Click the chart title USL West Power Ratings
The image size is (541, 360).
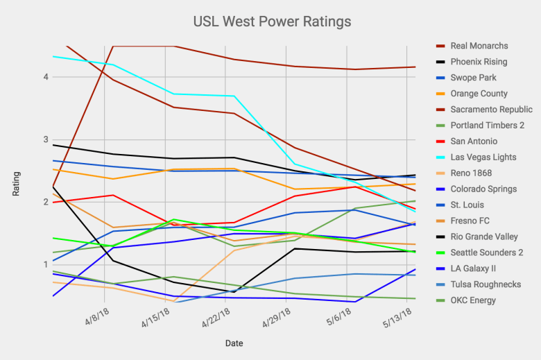coord(271,22)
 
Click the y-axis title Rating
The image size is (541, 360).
coord(16,184)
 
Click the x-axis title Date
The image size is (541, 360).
coord(234,343)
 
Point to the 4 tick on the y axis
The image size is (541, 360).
coord(45,76)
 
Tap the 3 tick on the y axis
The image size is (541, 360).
coord(45,139)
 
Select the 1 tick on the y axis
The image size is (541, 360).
coord(45,265)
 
